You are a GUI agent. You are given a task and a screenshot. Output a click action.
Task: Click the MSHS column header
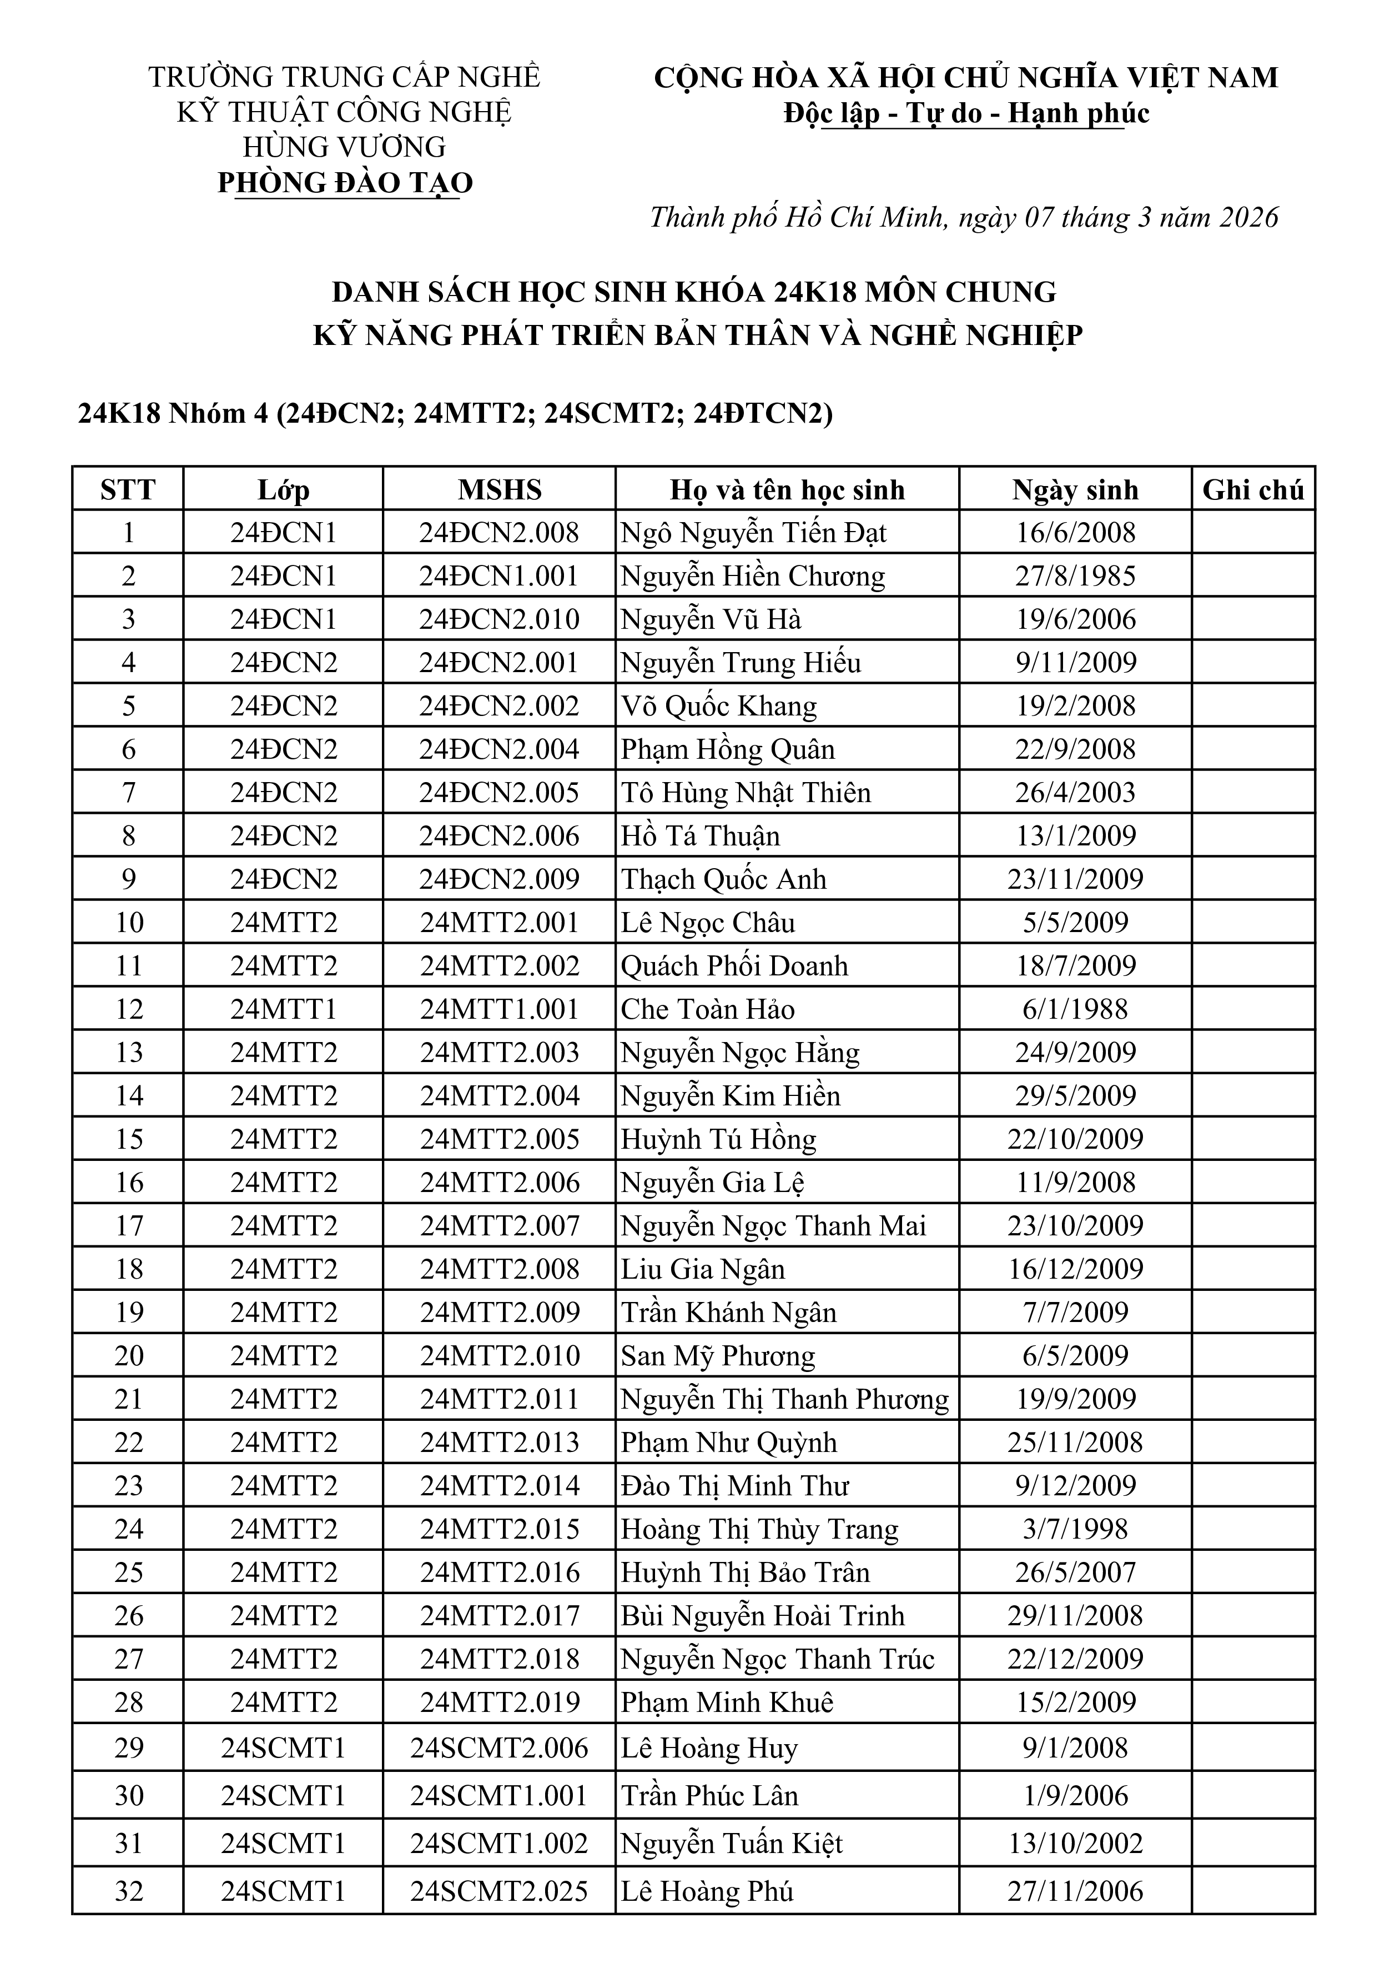[x=500, y=490]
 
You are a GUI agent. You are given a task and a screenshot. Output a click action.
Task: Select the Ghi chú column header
[x=1252, y=490]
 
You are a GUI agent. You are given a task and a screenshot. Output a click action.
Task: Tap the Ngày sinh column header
[x=1075, y=490]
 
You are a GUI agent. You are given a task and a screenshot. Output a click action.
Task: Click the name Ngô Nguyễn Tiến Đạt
[x=753, y=533]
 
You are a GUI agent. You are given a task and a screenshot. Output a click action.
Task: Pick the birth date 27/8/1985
[x=1075, y=576]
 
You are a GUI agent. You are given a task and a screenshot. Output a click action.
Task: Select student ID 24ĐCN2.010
[x=500, y=619]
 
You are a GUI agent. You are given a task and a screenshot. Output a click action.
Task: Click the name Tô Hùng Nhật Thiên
[x=745, y=792]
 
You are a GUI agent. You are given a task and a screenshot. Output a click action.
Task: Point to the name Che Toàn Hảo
[x=707, y=1009]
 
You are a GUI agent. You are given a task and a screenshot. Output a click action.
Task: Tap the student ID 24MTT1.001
[x=500, y=1009]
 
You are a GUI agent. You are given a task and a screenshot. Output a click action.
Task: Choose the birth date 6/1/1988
[x=1075, y=1009]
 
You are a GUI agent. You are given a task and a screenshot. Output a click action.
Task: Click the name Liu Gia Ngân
[x=703, y=1269]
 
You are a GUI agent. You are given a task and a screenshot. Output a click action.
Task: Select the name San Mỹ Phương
[x=718, y=1356]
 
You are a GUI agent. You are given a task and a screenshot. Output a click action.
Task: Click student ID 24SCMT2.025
[x=500, y=1891]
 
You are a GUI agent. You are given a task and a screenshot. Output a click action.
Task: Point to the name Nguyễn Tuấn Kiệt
[x=731, y=1844]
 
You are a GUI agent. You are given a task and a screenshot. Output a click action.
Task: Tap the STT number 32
[x=128, y=1891]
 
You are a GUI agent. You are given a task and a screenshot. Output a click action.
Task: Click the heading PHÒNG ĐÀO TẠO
[x=345, y=183]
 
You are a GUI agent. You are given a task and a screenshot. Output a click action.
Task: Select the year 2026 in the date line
[x=1248, y=217]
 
